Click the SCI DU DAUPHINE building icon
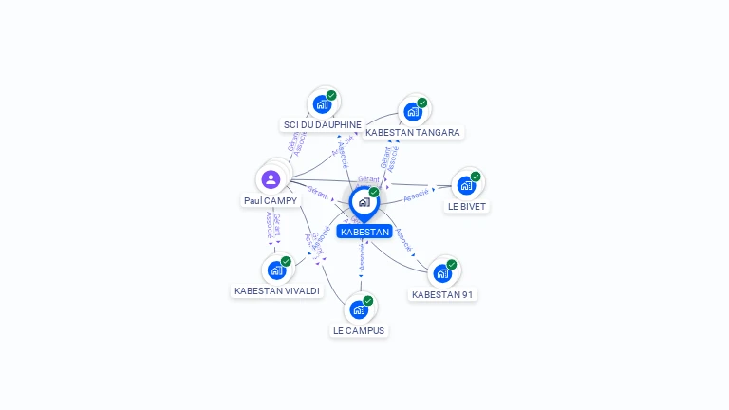coord(322,104)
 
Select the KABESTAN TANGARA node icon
coord(413,112)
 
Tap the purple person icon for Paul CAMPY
coord(271,179)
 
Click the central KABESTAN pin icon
coord(364,202)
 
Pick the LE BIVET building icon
coord(466,185)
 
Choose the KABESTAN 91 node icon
coord(441,273)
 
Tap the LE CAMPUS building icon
coord(359,309)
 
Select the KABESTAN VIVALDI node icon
coord(276,270)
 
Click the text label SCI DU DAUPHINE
coord(323,124)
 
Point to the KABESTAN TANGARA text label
coord(413,133)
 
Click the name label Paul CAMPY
coord(271,201)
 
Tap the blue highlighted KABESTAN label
coord(364,232)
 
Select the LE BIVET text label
coord(467,206)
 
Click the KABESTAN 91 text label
coord(442,295)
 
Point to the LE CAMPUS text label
coord(359,331)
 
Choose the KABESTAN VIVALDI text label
coord(277,291)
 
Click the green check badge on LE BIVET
coord(476,177)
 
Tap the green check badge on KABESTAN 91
coord(452,265)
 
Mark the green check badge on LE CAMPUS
coord(368,301)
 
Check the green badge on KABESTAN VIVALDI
coord(286,261)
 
